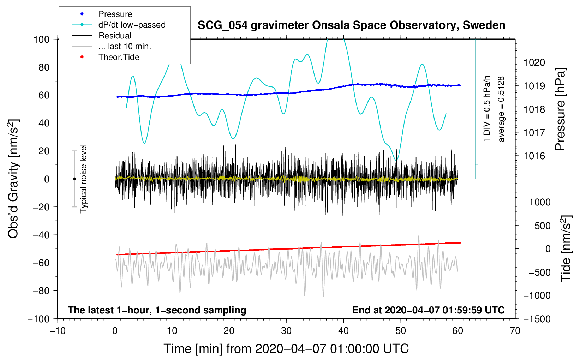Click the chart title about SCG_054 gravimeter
point(351,25)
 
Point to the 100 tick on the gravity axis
point(41,40)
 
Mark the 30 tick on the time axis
point(286,331)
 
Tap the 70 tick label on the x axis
point(515,331)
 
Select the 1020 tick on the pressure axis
point(534,62)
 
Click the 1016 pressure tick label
point(534,156)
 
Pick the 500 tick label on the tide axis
point(542,226)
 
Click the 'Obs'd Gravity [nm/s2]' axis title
point(13,179)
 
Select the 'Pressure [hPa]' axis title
point(560,109)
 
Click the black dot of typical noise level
point(74,179)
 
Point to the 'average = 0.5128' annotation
point(501,109)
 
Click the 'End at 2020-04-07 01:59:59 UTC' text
point(428,310)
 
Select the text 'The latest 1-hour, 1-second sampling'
point(157,310)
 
